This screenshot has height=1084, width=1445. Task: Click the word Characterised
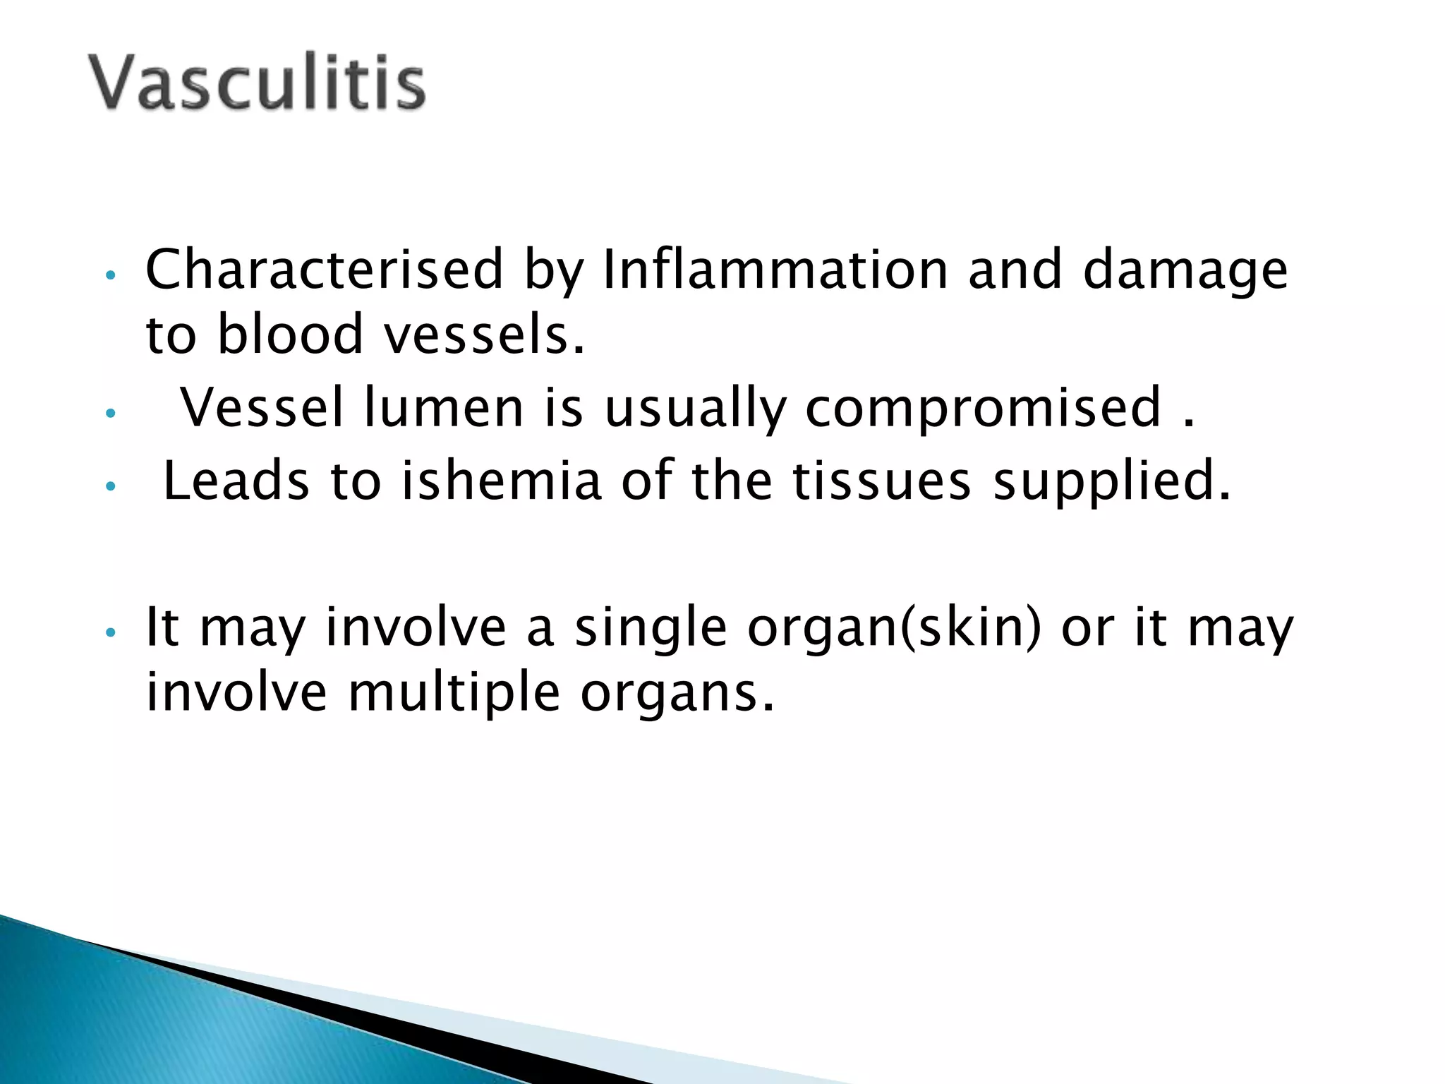[324, 270]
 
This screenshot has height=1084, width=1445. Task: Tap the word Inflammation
[775, 270]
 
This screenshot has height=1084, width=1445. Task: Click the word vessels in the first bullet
[484, 335]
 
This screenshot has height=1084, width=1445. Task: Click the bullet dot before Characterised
[109, 274]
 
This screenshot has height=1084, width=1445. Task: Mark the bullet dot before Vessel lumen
[109, 414]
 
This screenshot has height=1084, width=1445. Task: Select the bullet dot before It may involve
[109, 632]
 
